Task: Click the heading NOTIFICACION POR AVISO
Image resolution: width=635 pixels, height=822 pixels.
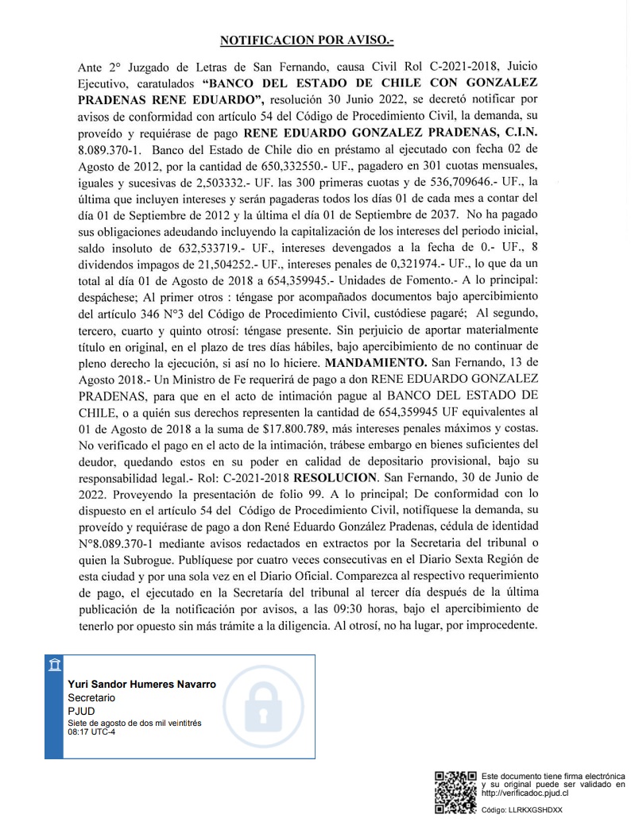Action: (317, 38)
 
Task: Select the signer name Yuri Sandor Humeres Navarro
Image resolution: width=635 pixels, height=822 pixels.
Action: (141, 684)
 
